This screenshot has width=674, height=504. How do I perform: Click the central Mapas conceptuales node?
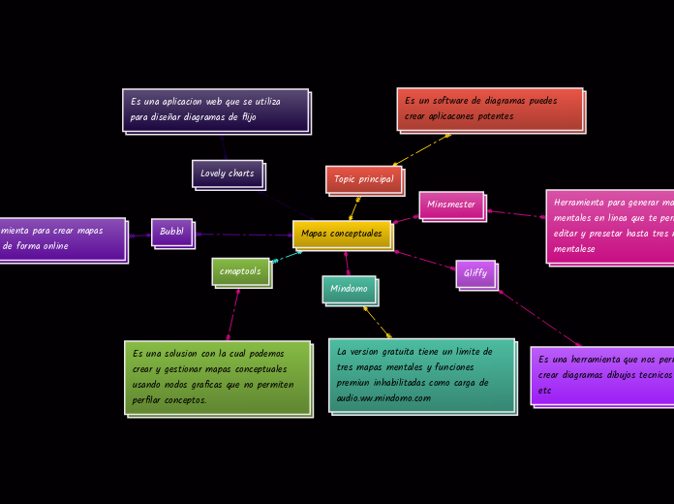[342, 234]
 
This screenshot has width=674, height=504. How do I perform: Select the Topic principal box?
[363, 179]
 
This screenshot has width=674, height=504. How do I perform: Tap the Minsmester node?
[451, 205]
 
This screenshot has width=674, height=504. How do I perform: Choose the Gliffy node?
[475, 273]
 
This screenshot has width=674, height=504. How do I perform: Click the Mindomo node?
[349, 289]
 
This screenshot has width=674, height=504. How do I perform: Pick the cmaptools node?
[240, 271]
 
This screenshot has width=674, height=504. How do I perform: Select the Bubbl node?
[171, 232]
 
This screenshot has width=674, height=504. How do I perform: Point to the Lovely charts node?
[227, 173]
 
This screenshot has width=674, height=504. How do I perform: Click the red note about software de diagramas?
[489, 109]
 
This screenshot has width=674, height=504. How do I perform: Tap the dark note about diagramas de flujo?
[215, 110]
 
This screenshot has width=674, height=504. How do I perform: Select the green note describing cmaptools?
[217, 377]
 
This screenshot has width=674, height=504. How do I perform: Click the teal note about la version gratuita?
[421, 375]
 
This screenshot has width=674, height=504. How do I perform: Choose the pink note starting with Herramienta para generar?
[610, 226]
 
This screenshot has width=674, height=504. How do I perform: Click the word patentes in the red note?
[494, 116]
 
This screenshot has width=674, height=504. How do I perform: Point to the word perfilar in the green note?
[150, 400]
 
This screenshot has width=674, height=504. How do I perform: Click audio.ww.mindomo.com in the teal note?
[383, 398]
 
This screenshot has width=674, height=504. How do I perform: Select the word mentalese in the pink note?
[574, 249]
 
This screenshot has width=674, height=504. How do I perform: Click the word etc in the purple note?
[544, 391]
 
